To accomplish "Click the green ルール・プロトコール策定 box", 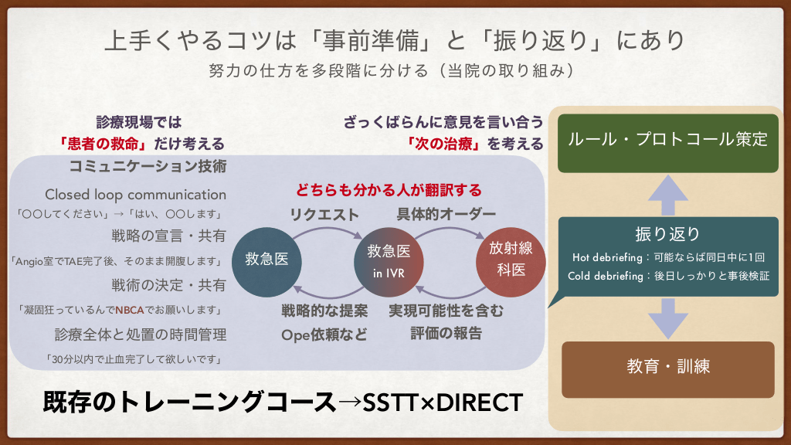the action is [668, 143].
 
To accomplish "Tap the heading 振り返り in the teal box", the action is [668, 234].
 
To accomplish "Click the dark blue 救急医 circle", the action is [266, 262].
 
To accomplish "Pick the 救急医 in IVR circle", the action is [389, 262].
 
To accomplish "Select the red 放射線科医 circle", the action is [511, 262].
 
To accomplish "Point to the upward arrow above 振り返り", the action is [668, 195].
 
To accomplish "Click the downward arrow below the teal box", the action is [668, 318].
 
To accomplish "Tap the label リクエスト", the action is [324, 215].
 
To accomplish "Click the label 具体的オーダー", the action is [446, 215].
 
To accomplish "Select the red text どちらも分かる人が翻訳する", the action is [389, 190].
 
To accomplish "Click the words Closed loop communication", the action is [135, 194].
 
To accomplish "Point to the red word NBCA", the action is [130, 310].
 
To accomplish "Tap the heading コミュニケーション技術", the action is [148, 166].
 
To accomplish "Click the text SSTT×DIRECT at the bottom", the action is [443, 402].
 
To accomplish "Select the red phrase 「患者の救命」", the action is [103, 144].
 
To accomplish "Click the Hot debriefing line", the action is [668, 257].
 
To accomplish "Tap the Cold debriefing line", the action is [668, 276].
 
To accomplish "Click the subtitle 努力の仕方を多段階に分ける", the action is [318, 70].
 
